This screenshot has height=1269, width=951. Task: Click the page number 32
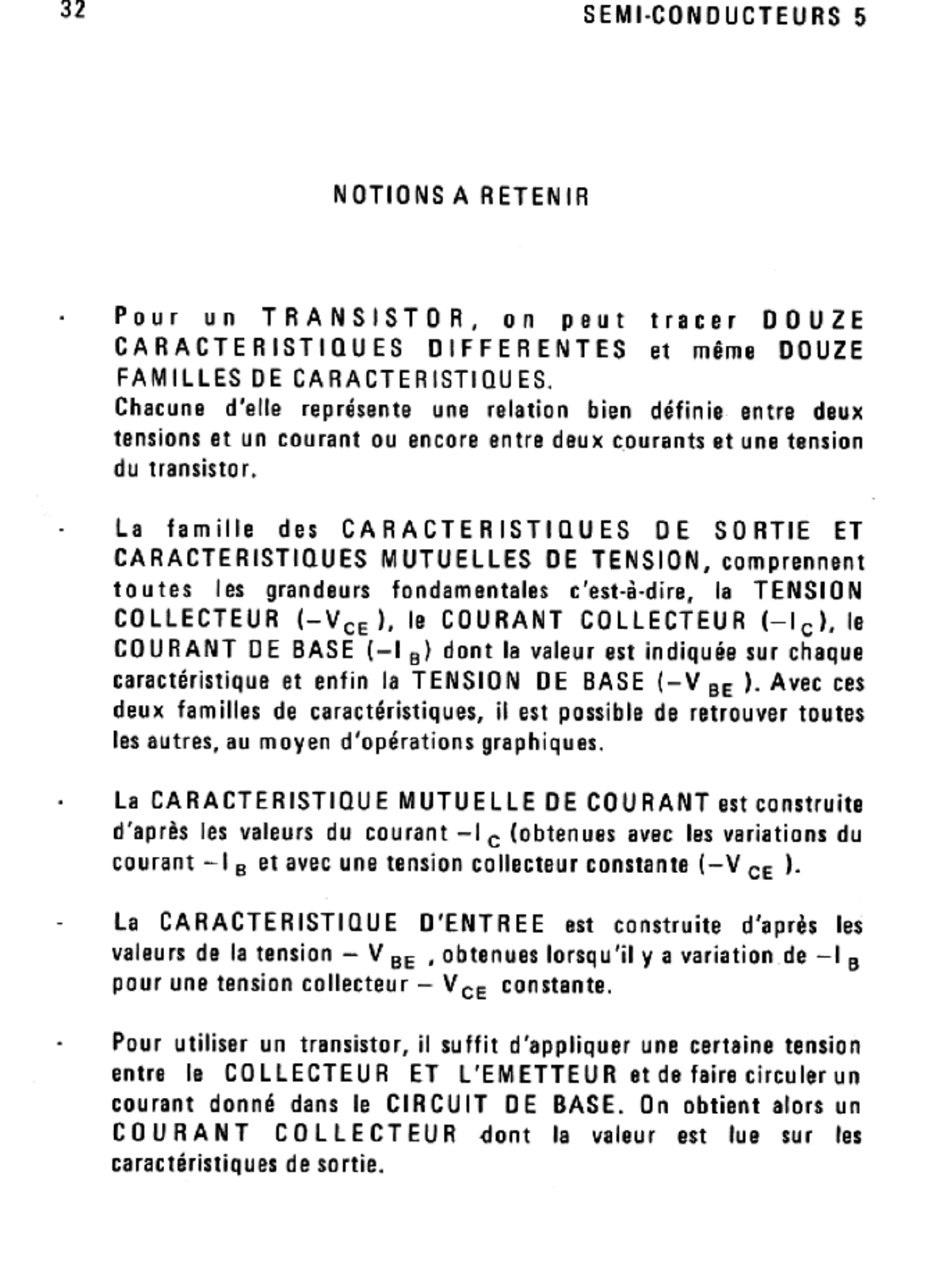[x=72, y=13]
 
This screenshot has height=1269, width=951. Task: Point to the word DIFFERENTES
[x=527, y=349]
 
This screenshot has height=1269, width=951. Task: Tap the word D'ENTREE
[x=481, y=923]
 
